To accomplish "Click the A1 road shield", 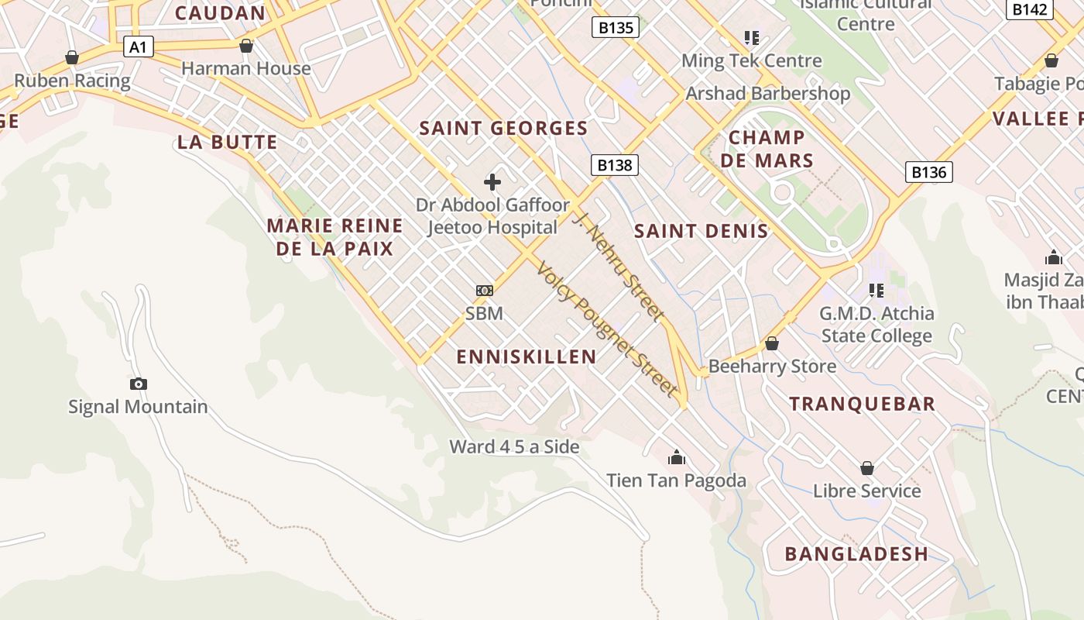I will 137,47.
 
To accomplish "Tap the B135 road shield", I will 616,28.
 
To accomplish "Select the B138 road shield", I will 616,164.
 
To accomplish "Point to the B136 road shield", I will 928,172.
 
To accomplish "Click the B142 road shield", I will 1030,9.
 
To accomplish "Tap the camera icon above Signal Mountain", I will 139,384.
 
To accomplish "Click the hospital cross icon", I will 492,182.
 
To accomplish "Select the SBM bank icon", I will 484,291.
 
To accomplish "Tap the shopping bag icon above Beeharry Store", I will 771,343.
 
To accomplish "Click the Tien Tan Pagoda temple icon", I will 677,457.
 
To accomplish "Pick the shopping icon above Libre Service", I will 867,468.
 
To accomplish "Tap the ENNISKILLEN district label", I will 527,356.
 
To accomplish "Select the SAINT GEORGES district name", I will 503,128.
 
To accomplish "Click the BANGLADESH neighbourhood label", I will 856,553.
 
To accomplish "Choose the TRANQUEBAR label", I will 863,403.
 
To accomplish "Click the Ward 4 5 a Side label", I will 514,446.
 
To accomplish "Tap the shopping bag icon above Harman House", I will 246,46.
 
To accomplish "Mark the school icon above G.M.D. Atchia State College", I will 876,291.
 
